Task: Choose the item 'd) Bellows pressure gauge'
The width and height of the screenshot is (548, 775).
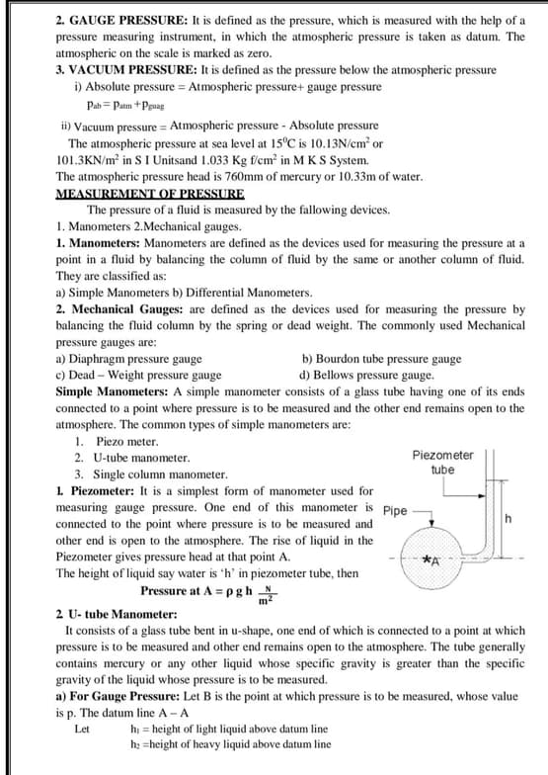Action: [x=365, y=376]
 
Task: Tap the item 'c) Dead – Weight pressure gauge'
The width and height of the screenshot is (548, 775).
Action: [x=138, y=376]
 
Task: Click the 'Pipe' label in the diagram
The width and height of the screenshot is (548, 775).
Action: [x=394, y=512]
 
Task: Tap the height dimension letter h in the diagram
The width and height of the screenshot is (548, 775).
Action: [x=508, y=518]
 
